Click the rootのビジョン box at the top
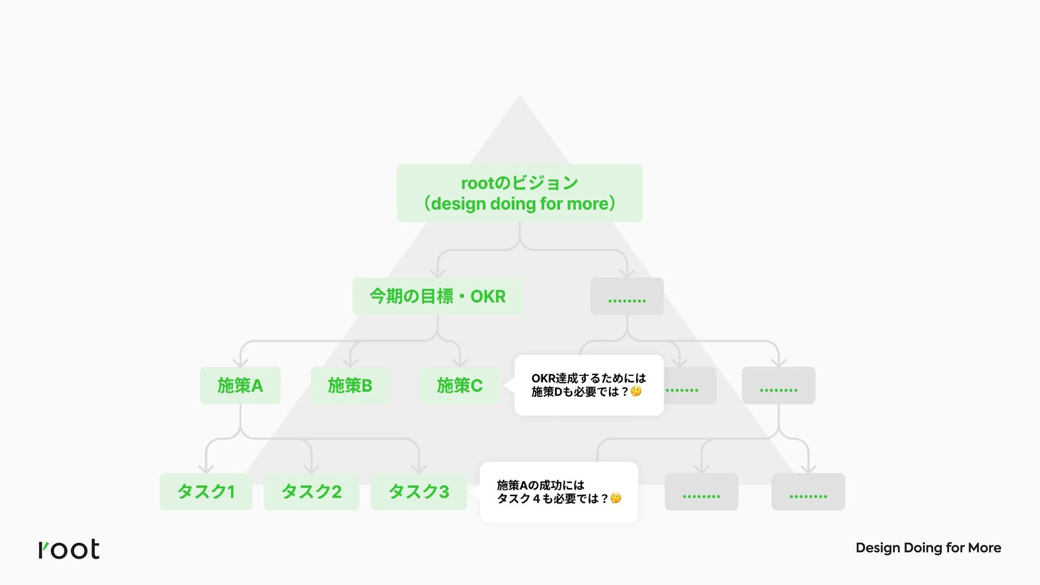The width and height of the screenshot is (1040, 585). pos(519,193)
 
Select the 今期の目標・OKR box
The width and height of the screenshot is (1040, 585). pos(437,296)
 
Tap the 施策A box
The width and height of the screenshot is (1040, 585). pos(240,385)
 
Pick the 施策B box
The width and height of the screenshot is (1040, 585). pos(350,385)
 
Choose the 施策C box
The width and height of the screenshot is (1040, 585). pos(459,385)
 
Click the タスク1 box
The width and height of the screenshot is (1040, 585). pos(206,491)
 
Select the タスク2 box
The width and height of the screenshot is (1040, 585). pos(311,491)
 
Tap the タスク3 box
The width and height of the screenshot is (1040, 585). pos(419,491)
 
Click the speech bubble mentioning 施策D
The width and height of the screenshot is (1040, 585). pos(589,385)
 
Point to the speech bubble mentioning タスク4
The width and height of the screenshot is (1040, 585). pos(558,492)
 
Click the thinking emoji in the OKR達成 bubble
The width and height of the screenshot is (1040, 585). pos(636,391)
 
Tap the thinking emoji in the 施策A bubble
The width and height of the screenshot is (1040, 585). pos(616,498)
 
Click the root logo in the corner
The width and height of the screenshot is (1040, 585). pos(69,549)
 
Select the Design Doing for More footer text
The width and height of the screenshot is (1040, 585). pos(928,548)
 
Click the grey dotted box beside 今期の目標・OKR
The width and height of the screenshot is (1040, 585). pos(627,296)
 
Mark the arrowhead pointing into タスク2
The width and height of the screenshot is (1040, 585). pos(311,469)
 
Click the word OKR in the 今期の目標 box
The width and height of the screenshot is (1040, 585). pos(487,296)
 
